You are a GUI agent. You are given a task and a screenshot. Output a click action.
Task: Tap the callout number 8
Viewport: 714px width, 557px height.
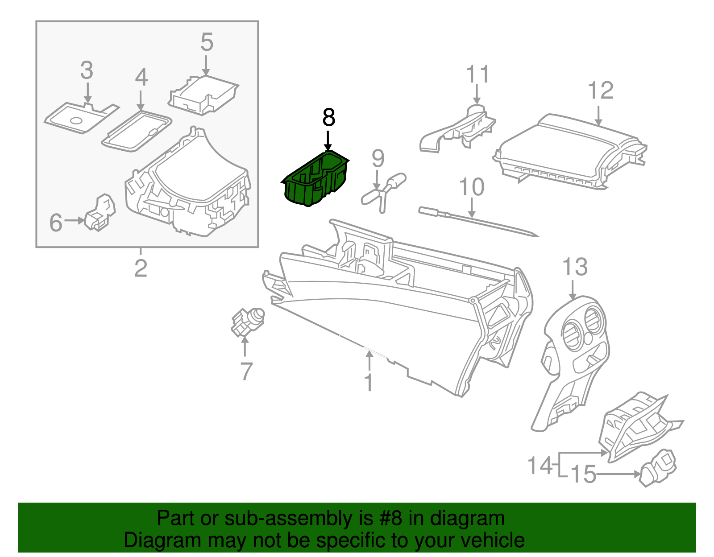328,118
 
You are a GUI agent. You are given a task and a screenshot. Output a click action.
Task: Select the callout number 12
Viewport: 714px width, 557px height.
601,91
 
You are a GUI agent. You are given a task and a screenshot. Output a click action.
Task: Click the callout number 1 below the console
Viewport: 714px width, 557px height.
369,383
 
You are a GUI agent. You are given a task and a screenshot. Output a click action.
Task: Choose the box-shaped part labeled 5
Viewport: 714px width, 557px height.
203,95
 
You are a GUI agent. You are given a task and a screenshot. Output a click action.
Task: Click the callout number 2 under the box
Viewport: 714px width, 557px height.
141,268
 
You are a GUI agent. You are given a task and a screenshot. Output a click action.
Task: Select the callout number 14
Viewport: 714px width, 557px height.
540,465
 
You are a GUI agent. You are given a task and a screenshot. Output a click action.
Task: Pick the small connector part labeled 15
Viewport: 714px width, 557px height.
658,468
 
